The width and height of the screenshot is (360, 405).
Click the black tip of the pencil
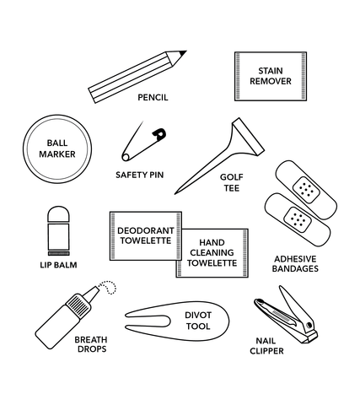pyautogui.click(x=183, y=53)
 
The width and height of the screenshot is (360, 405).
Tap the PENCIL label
pyautogui.click(x=153, y=97)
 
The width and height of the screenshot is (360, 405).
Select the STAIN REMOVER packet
pyautogui.click(x=271, y=76)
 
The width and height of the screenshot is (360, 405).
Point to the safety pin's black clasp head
pyautogui.click(x=159, y=134)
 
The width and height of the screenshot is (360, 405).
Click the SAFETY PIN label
pyautogui.click(x=140, y=175)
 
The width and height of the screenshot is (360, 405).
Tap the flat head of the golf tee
pyautogui.click(x=248, y=137)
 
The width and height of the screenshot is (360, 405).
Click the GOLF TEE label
pyautogui.click(x=232, y=182)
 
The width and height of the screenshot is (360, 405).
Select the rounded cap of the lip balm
pyautogui.click(x=58, y=214)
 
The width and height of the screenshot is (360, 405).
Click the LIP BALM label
pyautogui.click(x=58, y=265)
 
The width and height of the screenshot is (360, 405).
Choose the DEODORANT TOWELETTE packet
pyautogui.click(x=146, y=235)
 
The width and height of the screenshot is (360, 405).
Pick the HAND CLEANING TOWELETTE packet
pyautogui.click(x=212, y=253)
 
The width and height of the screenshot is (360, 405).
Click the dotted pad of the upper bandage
pyautogui.click(x=306, y=190)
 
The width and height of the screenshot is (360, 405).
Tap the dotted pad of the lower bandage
pyautogui.click(x=298, y=219)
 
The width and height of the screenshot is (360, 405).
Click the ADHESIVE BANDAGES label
pyautogui.click(x=295, y=263)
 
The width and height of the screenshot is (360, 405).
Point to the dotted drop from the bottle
pyautogui.click(x=110, y=287)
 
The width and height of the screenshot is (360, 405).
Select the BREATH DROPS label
pyautogui.click(x=91, y=344)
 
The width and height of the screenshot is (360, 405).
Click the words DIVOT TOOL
pyautogui.click(x=198, y=321)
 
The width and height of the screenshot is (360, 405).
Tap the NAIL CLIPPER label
pyautogui.click(x=266, y=346)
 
